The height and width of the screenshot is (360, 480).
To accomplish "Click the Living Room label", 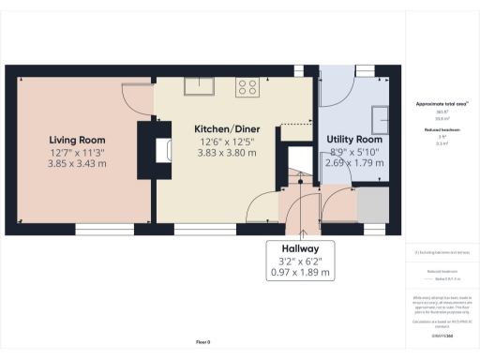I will coord(77,140).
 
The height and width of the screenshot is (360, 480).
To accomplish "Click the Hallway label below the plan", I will coord(300,248).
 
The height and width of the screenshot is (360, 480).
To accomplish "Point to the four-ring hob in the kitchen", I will coord(248,87).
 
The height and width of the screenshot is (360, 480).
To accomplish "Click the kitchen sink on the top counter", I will coord(199,86).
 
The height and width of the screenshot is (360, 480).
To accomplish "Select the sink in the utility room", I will coord(383,117).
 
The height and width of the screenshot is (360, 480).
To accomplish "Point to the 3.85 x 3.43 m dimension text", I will coord(77,164).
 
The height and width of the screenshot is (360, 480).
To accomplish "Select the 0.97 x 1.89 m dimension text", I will coord(300,274).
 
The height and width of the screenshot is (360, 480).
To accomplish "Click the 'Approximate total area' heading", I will coord(441,104).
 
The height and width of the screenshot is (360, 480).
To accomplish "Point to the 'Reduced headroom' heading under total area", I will coord(441,130).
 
